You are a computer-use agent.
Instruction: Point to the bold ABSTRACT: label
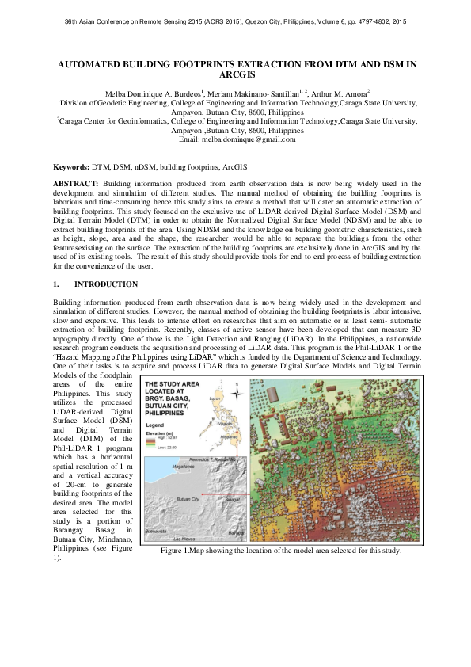point(75,183)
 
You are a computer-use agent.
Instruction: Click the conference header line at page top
point(235,21)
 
